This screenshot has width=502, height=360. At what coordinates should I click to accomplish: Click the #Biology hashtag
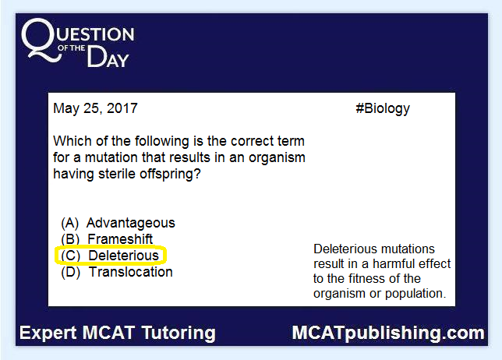coord(383,109)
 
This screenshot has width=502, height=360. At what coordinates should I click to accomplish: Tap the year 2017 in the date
coord(122,108)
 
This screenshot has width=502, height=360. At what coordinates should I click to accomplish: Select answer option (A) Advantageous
coord(118,223)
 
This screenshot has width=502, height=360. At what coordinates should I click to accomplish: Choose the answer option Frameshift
coord(120,239)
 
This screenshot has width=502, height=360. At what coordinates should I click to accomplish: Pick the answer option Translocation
coord(131,272)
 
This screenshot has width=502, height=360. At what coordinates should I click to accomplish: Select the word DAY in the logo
coord(108,57)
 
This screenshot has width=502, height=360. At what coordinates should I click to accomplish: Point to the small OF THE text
coord(72,48)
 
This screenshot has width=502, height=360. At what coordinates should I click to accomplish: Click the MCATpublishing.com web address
coord(388,334)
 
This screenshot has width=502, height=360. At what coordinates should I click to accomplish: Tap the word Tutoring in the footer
coord(179,334)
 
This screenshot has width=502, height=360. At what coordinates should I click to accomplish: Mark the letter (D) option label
coord(70,272)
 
